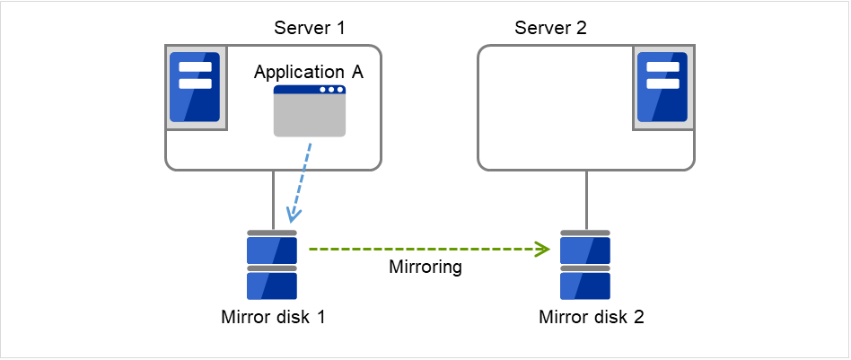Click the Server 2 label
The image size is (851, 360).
[550, 26]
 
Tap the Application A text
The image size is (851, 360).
[309, 72]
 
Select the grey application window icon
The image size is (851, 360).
[310, 111]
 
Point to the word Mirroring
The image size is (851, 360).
[425, 267]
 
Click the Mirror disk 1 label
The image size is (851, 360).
[272, 317]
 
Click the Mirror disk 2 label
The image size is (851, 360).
[591, 317]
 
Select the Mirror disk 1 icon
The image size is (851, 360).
[272, 266]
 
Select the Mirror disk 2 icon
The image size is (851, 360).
[585, 266]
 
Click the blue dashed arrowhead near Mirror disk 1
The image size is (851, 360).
[291, 216]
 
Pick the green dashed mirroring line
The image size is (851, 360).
[422, 249]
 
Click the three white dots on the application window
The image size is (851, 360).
[331, 90]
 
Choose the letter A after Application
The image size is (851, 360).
[357, 72]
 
